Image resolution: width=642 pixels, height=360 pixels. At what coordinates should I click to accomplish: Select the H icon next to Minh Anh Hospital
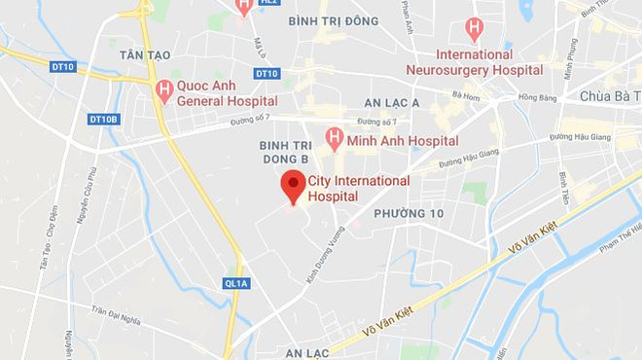coord(334,138)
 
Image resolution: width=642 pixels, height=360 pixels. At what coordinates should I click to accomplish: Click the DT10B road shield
coord(103,119)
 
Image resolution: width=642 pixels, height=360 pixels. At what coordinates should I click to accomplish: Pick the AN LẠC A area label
coord(391,103)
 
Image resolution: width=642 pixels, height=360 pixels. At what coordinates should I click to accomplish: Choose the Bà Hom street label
coord(467,95)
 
